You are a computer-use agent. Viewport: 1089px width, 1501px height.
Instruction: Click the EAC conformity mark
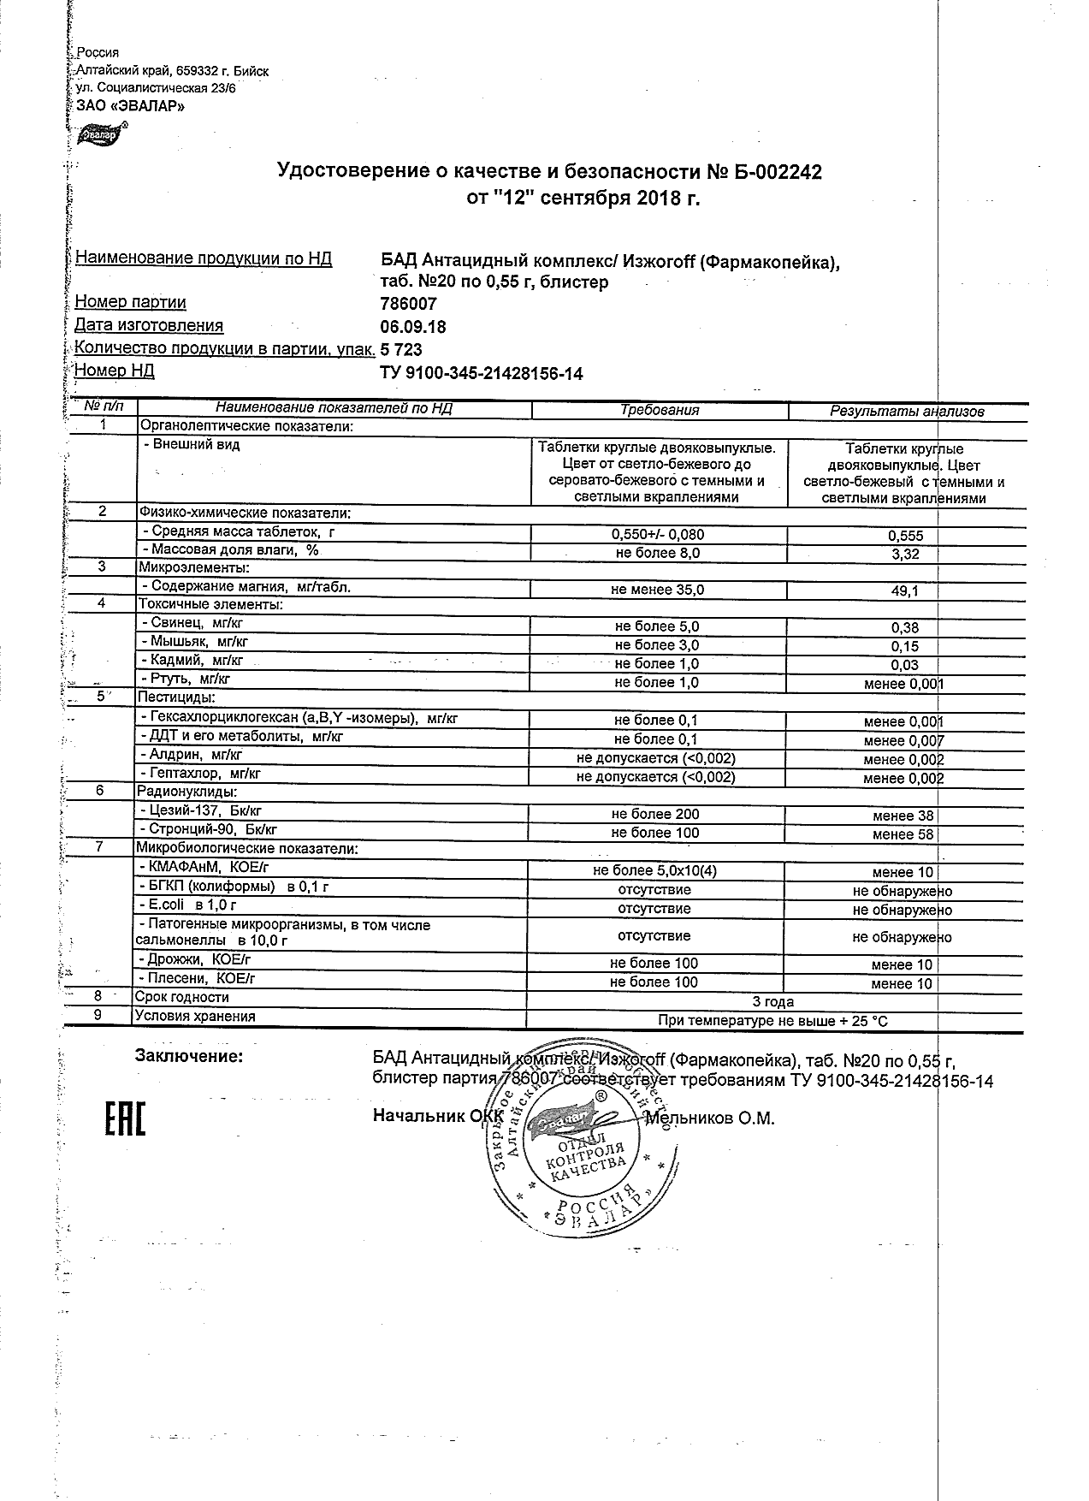click(124, 1120)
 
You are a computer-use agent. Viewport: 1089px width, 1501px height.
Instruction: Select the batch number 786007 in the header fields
click(408, 304)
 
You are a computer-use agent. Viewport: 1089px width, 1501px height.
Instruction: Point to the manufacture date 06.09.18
click(412, 327)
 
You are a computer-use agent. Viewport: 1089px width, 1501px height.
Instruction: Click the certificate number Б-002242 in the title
click(778, 172)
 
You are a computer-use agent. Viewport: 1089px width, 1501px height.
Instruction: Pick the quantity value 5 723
click(400, 350)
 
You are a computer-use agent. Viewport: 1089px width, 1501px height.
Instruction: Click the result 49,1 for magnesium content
click(905, 590)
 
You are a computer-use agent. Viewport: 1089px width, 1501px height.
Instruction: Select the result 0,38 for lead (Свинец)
click(905, 627)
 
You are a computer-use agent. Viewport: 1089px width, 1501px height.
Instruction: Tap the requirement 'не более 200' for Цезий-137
click(655, 815)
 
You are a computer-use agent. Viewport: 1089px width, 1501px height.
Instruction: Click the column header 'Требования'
click(660, 411)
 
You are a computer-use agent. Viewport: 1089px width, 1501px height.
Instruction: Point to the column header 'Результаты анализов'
click(907, 412)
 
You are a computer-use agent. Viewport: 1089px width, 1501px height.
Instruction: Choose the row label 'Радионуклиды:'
click(181, 792)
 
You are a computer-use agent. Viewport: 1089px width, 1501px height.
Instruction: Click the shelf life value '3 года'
click(772, 1001)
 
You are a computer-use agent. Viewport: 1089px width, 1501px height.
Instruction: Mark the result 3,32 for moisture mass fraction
click(905, 555)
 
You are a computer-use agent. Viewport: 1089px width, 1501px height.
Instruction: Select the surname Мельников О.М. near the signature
click(709, 1118)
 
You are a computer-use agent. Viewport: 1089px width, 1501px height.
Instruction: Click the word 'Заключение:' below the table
click(189, 1056)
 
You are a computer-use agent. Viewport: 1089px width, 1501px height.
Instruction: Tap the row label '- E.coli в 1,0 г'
click(188, 905)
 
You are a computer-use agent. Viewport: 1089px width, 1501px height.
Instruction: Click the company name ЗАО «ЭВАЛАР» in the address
click(125, 106)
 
